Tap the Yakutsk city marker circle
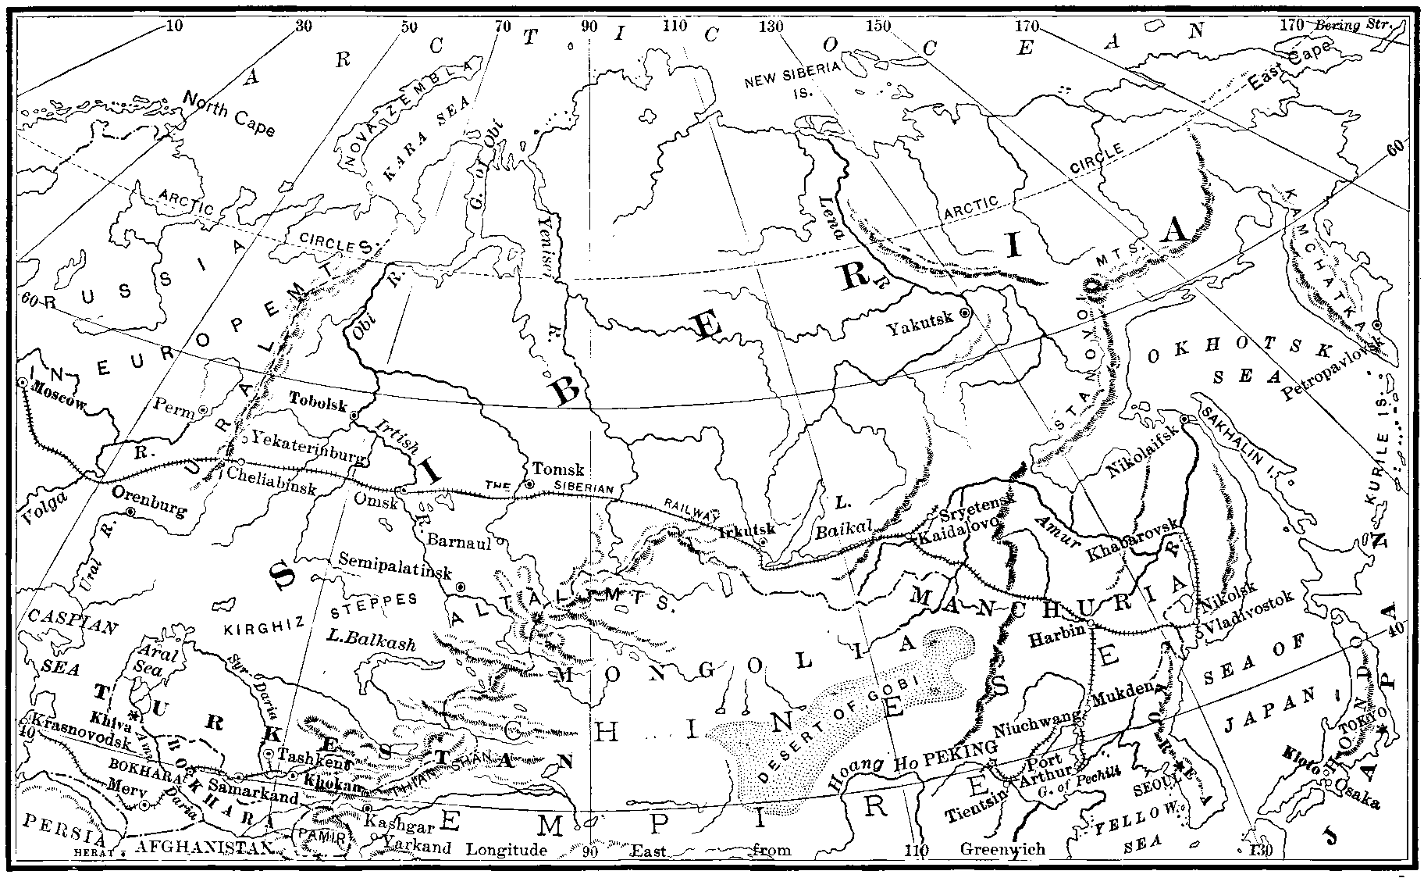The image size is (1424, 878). coord(965,312)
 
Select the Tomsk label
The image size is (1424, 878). coord(557,469)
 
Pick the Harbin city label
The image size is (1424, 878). coord(1056,637)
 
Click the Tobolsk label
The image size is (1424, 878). coord(317,397)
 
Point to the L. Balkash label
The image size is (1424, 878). coord(370,644)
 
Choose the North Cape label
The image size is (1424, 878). coord(230,114)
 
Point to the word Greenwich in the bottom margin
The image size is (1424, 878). coord(1002,849)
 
